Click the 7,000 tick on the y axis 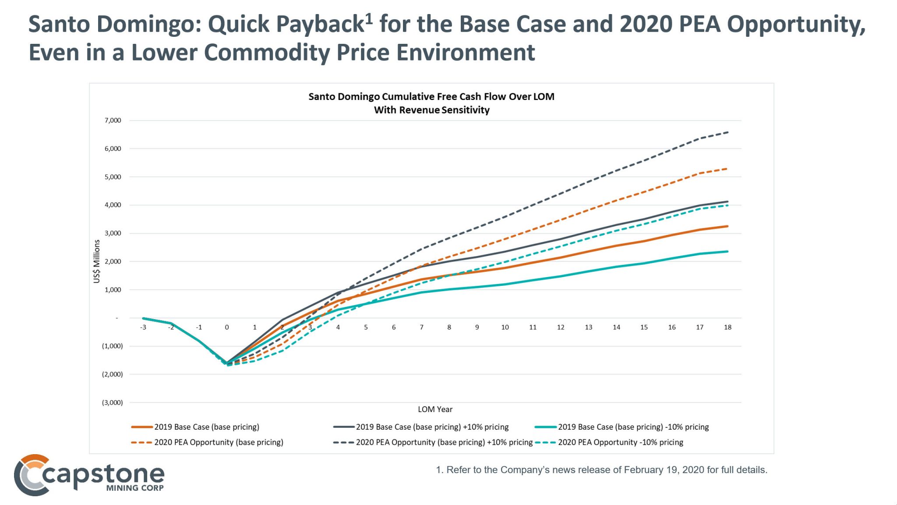click(113, 121)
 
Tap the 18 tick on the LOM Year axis click(727, 327)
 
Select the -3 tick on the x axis click(143, 327)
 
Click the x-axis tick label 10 click(505, 327)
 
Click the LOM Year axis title click(435, 409)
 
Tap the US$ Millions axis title click(97, 261)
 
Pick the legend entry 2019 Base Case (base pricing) click(206, 427)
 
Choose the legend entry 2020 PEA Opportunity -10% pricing click(620, 442)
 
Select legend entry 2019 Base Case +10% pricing click(432, 427)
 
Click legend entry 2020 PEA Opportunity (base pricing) click(218, 442)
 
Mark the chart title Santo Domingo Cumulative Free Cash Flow click(431, 97)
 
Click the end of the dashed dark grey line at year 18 click(727, 132)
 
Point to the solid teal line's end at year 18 click(727, 252)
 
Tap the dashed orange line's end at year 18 click(727, 169)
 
